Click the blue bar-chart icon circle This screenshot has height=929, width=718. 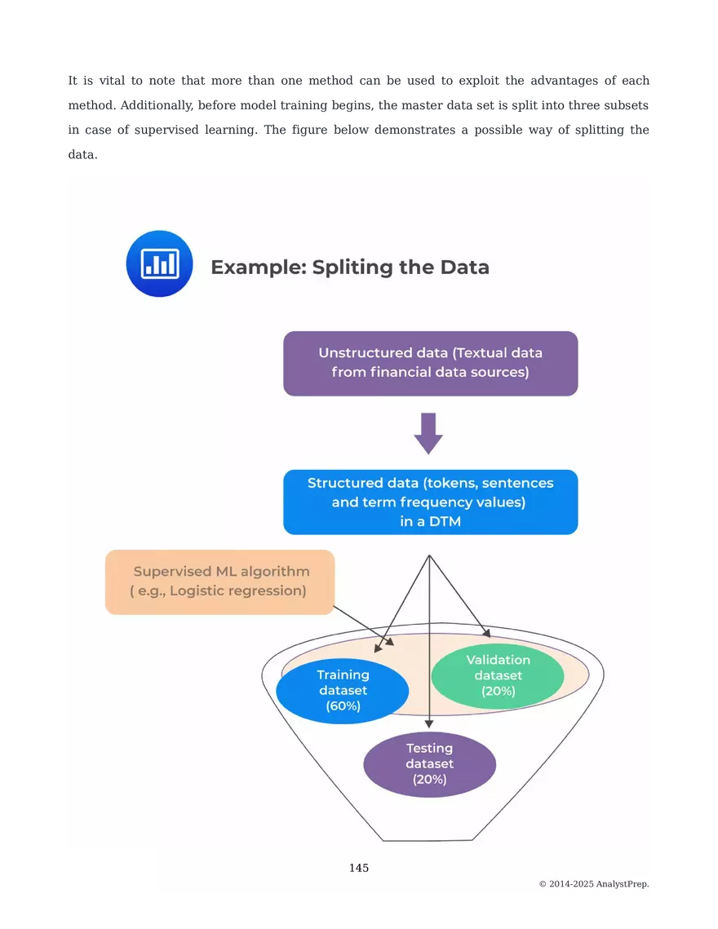(x=159, y=263)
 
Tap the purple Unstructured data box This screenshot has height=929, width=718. (x=430, y=363)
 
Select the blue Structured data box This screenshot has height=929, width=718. (x=430, y=502)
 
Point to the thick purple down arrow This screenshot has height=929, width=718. (x=428, y=433)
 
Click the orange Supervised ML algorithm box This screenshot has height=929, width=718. (x=219, y=582)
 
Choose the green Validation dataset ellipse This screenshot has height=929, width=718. (x=498, y=675)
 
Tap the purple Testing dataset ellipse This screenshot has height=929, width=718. (x=429, y=763)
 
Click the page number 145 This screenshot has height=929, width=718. (x=359, y=868)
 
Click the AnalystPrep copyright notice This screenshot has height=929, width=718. (x=594, y=884)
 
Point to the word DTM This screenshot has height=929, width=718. (x=446, y=521)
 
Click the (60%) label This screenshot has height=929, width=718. (x=343, y=706)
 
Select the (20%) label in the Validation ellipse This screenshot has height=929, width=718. (x=498, y=691)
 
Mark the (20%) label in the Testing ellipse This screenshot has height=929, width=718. (x=429, y=779)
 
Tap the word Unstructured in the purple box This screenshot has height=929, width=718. (x=366, y=353)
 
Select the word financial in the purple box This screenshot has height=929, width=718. (x=402, y=373)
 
